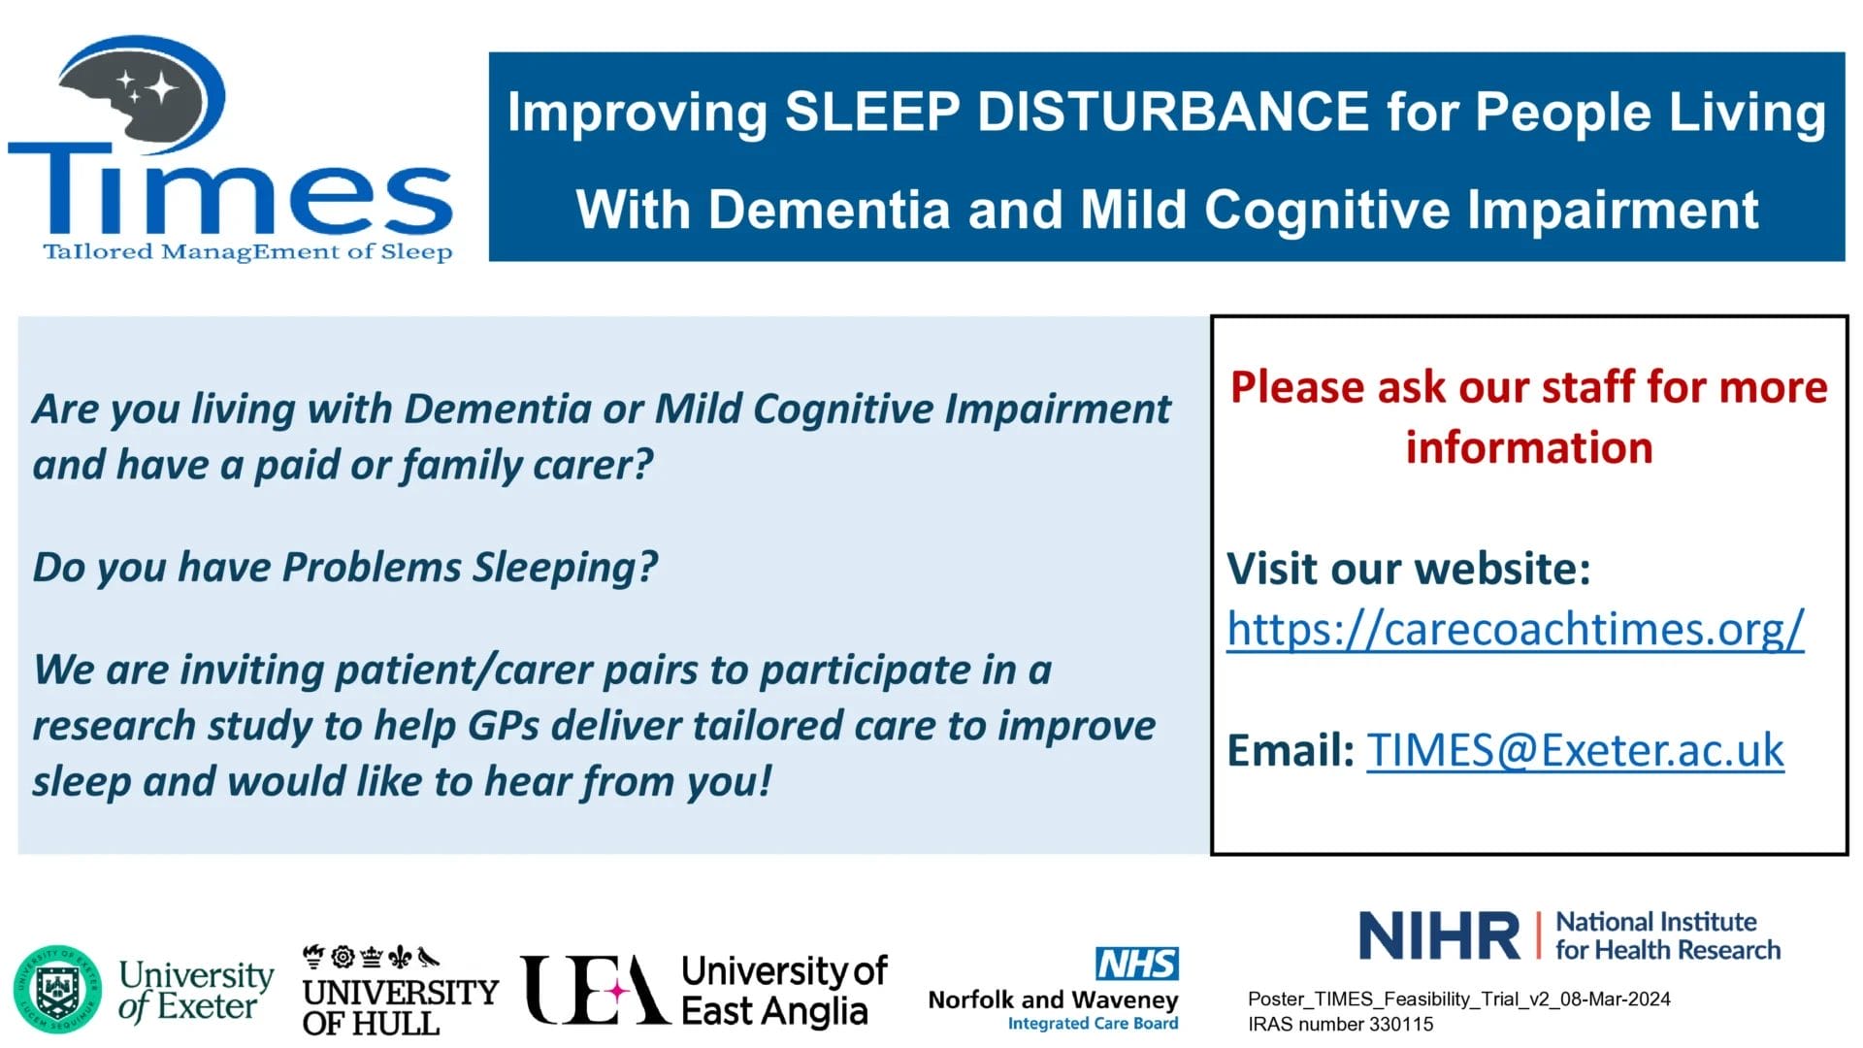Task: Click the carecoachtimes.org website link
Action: [x=1515, y=629]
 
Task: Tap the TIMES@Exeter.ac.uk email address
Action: [x=1575, y=750]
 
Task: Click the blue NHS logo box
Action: [x=1137, y=964]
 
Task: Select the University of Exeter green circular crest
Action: [x=57, y=990]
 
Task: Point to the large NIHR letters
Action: [x=1440, y=935]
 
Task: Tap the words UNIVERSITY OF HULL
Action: [x=400, y=1006]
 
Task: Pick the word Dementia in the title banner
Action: [x=829, y=210]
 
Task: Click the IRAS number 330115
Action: [x=1340, y=1024]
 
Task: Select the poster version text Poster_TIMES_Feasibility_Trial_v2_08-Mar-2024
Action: [x=1459, y=999]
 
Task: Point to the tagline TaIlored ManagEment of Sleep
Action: [x=247, y=252]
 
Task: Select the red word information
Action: [x=1529, y=447]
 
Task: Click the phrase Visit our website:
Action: [x=1409, y=569]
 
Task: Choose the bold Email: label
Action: [x=1291, y=750]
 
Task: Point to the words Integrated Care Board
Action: [x=1093, y=1024]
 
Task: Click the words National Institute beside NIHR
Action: [x=1656, y=922]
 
